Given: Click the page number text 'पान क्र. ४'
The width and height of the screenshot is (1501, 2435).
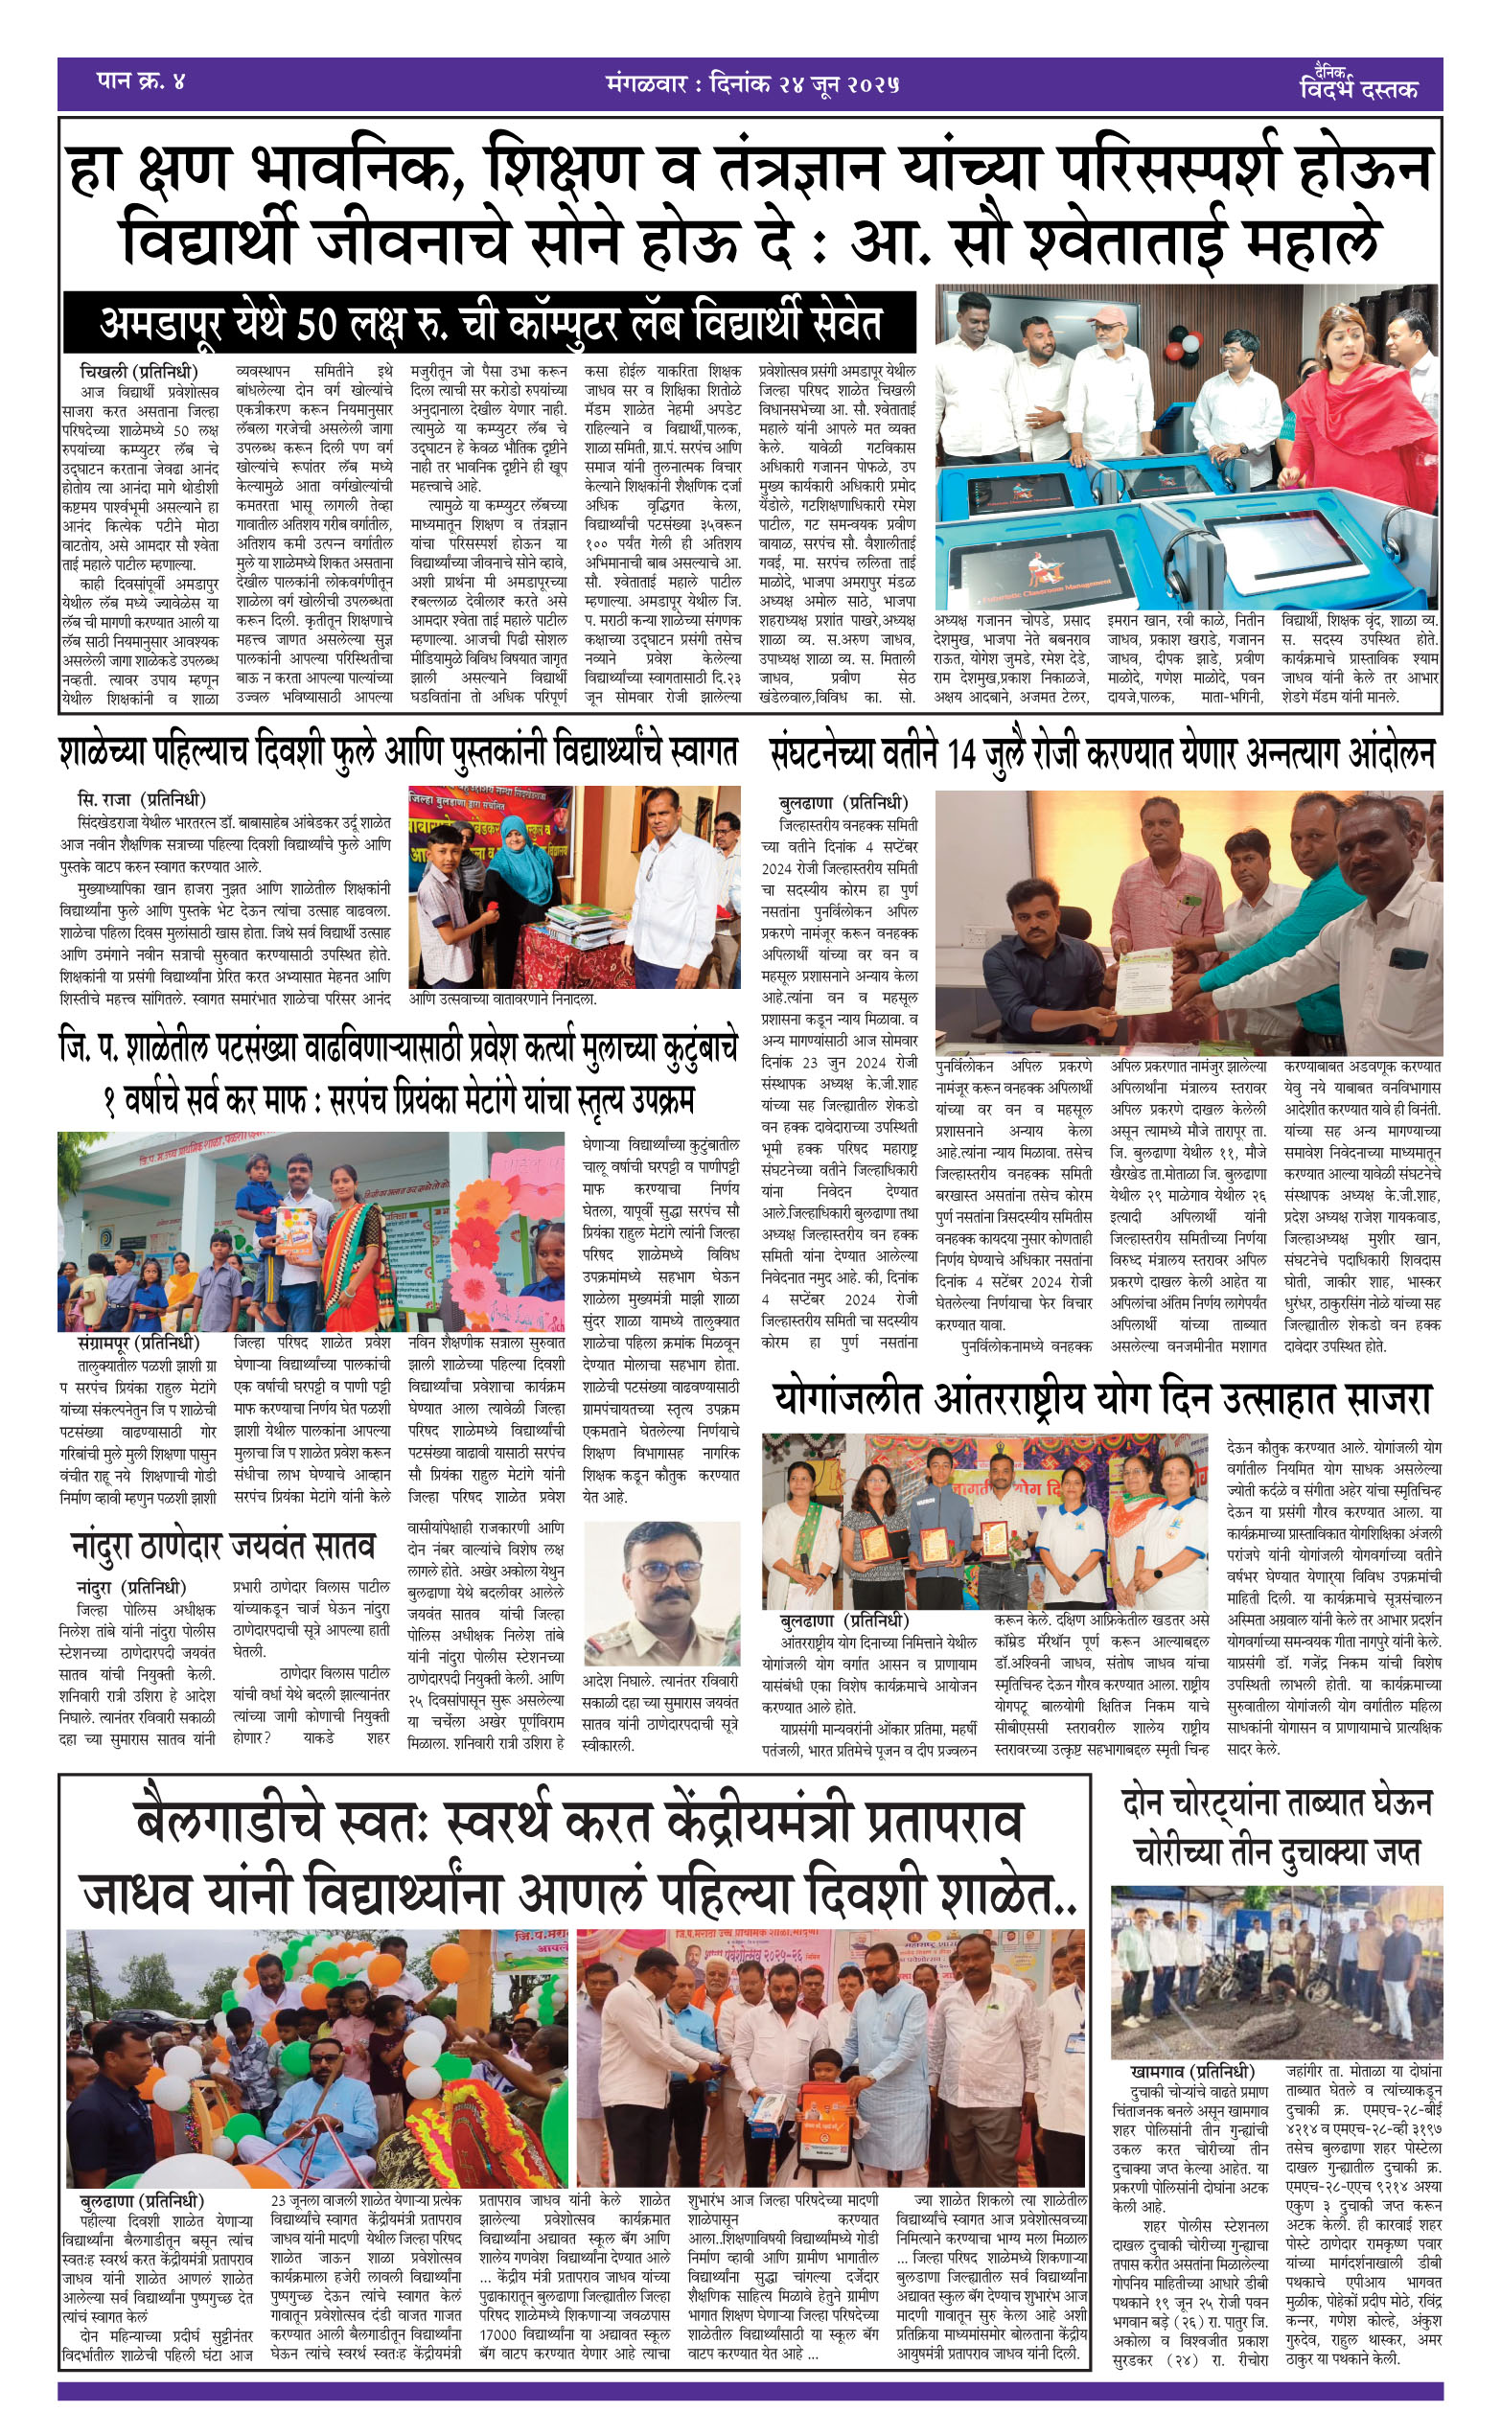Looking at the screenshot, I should point(140,81).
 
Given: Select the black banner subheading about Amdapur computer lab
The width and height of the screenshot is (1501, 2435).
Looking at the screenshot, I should point(490,324).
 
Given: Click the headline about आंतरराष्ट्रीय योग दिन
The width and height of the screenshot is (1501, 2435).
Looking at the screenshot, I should point(1102,1400).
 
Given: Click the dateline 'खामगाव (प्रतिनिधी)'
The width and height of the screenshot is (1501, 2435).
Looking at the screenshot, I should point(1192,2072).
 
